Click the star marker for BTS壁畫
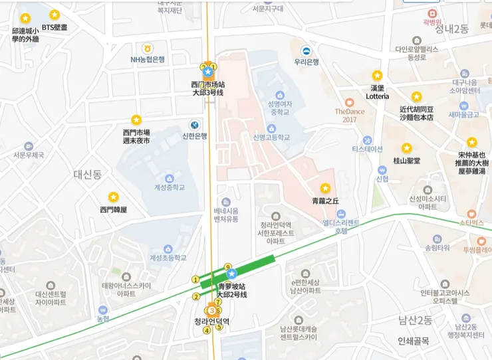55,15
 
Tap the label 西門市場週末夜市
136,136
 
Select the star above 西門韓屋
114,197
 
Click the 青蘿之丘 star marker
325,188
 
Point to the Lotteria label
377,96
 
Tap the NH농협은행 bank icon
147,48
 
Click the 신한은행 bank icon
194,124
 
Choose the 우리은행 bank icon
307,51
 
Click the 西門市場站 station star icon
207,71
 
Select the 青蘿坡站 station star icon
231,274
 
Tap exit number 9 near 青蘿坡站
227,266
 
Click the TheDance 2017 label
350,115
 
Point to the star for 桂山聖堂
406,148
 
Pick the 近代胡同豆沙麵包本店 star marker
416,97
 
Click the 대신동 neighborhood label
87,175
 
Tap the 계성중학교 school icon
169,178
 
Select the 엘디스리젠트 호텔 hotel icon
341,214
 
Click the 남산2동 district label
416,321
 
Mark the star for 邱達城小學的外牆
25,19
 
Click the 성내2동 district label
451,29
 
